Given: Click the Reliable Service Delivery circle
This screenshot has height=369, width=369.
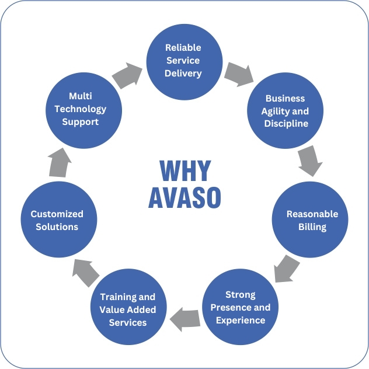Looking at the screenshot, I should pos(183,61).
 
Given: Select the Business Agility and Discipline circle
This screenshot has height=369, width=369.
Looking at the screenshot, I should pos(286,111).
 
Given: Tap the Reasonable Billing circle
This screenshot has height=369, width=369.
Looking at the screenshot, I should pos(312,220).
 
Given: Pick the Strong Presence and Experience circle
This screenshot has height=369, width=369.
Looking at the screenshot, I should pos(241,307).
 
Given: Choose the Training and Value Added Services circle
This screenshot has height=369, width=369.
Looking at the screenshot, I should pos(128,309).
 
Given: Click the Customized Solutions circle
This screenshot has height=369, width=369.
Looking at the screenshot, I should pos(57,220).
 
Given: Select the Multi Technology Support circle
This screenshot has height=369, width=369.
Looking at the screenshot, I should pos(84,109).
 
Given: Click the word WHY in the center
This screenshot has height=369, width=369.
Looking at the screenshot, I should pos(185,171).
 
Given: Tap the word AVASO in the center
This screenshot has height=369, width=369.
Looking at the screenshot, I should pos(184,198).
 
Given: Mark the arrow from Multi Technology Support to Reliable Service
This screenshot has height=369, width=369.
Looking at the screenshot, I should pos(128,74).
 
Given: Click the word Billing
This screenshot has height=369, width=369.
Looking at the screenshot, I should pos(312,227).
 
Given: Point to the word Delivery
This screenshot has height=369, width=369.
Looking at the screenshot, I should pos(183,74).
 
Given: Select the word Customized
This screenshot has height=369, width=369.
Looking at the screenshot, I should pos(57,214).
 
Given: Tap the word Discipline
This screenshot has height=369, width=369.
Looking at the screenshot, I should pos(286,124).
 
